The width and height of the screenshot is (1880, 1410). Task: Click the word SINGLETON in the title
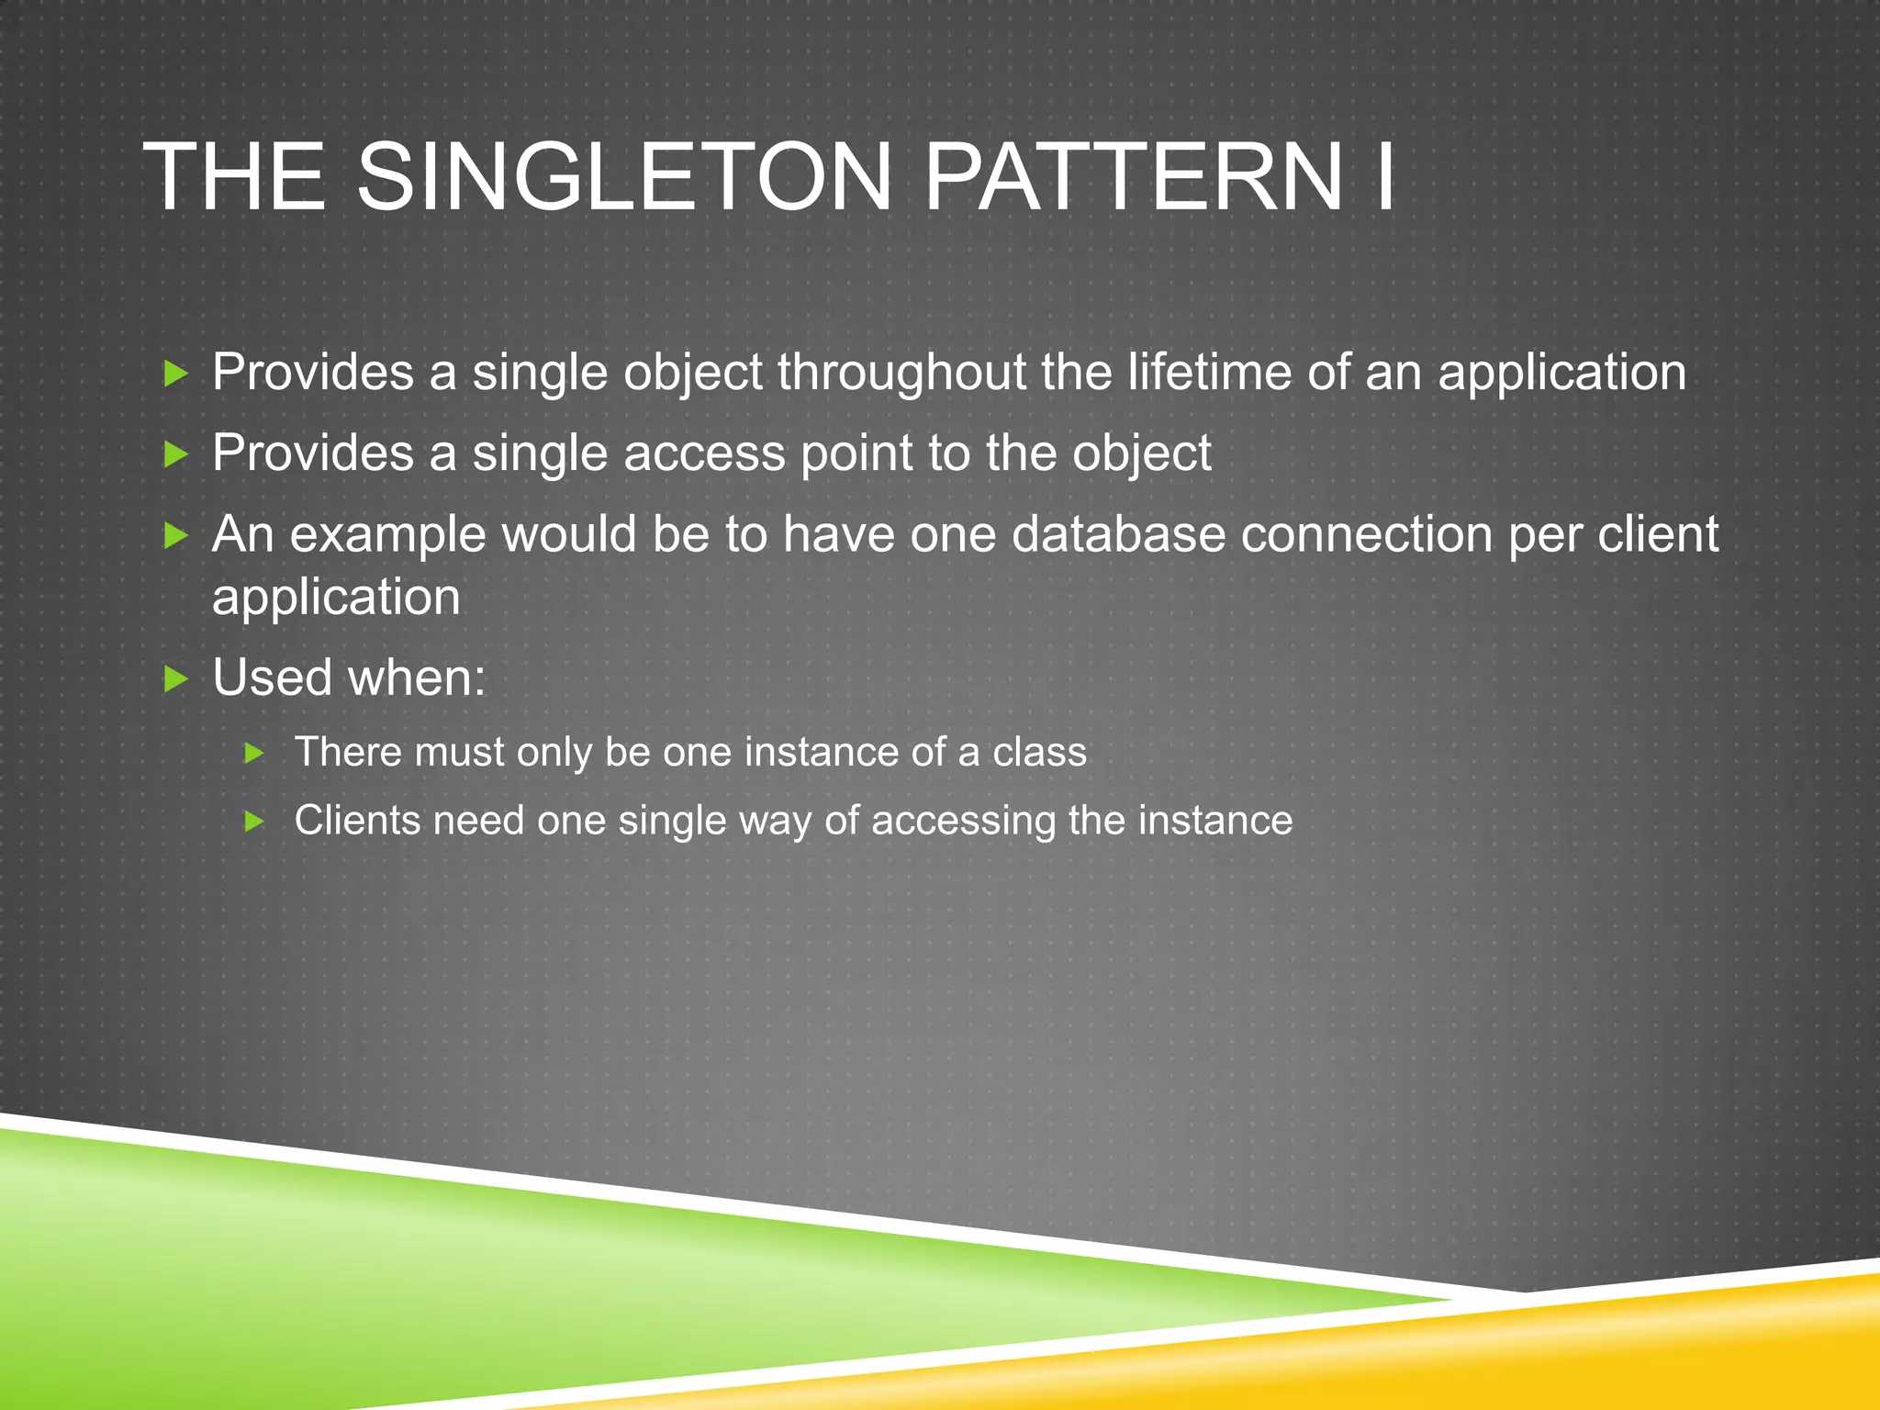tap(624, 176)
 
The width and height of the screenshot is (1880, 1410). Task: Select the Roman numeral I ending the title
tap(1383, 176)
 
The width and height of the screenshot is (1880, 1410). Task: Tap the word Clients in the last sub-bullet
tap(357, 820)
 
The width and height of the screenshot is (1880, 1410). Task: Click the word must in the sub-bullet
tap(459, 754)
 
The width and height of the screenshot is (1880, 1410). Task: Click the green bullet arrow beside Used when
tap(175, 679)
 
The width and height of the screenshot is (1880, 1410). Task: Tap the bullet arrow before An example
tap(175, 535)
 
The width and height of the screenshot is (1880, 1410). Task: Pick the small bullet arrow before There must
tap(255, 754)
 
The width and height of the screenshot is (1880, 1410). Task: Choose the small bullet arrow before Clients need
tap(255, 821)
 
